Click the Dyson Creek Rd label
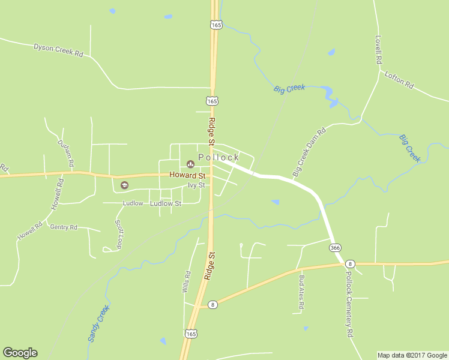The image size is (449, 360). (58, 50)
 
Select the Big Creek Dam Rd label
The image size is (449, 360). (309, 152)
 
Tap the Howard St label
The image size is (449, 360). (187, 175)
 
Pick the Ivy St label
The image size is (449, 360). (196, 185)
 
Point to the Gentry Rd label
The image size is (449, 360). (64, 227)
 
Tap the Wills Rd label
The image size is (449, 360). (186, 281)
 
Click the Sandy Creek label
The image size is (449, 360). (98, 323)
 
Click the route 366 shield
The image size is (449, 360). (336, 247)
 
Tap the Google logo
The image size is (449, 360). (20, 353)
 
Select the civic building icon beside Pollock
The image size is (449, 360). (191, 163)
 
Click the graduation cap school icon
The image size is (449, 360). (124, 185)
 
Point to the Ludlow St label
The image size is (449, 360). (165, 203)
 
